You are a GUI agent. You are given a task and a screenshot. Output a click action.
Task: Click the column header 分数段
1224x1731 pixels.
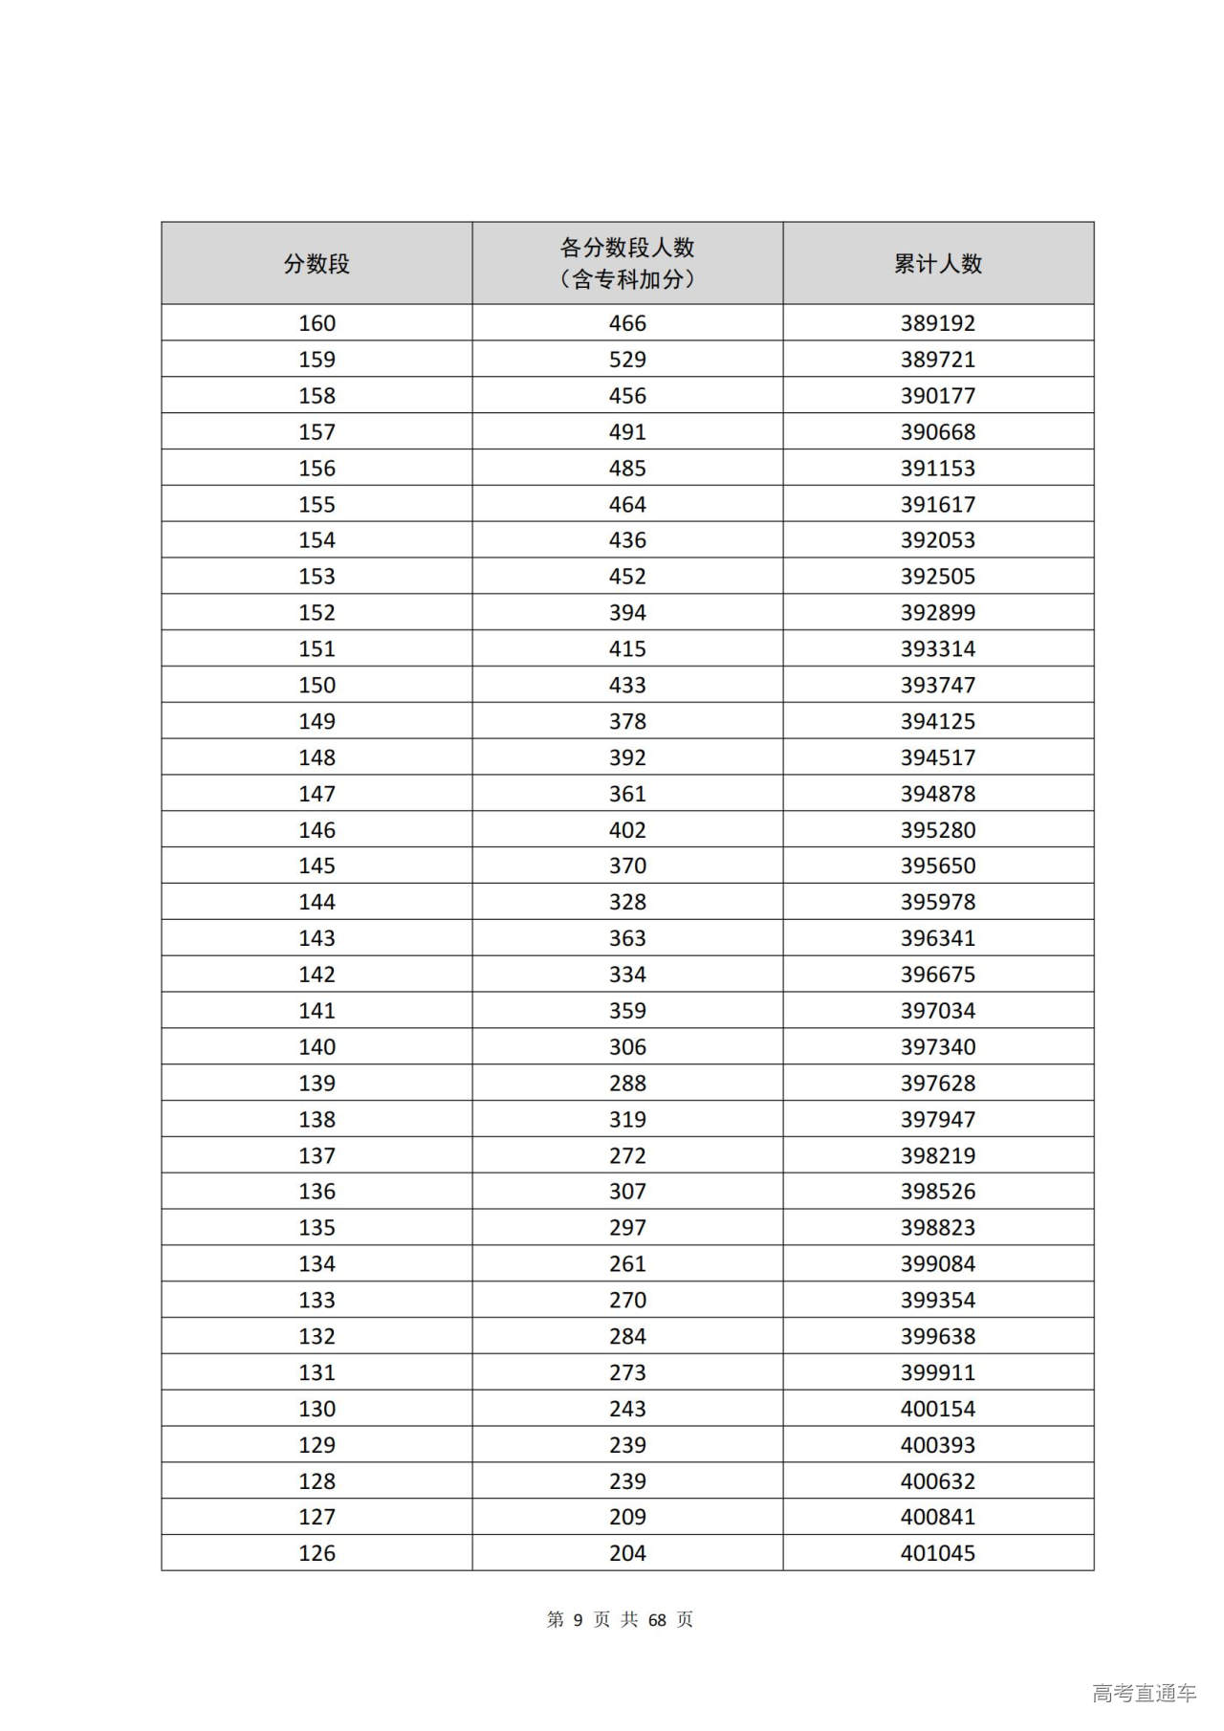coord(317,264)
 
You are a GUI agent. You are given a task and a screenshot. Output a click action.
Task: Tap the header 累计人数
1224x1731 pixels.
coord(937,264)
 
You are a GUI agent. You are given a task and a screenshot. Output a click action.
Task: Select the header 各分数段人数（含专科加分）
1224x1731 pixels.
coord(627,263)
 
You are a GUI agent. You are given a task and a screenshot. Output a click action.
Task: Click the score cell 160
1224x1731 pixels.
coord(317,323)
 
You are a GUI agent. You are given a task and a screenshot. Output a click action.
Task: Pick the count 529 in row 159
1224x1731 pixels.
coord(627,360)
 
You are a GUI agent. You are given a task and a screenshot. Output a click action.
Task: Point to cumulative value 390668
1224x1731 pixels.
coord(937,432)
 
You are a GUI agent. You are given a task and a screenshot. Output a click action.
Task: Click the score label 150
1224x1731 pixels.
coord(317,686)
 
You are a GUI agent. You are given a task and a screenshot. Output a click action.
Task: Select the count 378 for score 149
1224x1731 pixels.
coord(627,722)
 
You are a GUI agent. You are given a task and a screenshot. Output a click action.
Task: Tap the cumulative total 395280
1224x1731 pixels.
coord(937,830)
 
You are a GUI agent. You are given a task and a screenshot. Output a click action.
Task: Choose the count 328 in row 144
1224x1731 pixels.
coord(627,903)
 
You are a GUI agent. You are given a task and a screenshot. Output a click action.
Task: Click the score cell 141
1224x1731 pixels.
coord(317,1011)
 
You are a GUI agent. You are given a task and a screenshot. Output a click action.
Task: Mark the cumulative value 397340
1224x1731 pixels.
coord(937,1047)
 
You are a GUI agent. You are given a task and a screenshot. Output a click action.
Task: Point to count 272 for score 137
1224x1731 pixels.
coord(627,1156)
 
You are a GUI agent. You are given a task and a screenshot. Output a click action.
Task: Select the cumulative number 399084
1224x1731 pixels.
coord(937,1264)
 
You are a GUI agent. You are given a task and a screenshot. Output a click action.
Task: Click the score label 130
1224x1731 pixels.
coord(317,1410)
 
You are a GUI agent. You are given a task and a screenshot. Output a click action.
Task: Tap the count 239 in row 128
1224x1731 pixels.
coord(627,1481)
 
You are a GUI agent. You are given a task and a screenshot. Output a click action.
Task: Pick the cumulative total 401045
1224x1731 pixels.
coord(937,1554)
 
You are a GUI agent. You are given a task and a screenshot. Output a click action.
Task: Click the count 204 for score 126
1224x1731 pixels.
coord(627,1554)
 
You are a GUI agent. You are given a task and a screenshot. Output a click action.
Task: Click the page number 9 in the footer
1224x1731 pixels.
coord(578,1620)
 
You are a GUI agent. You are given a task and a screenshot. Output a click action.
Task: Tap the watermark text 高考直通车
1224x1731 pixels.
coord(1144,1694)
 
